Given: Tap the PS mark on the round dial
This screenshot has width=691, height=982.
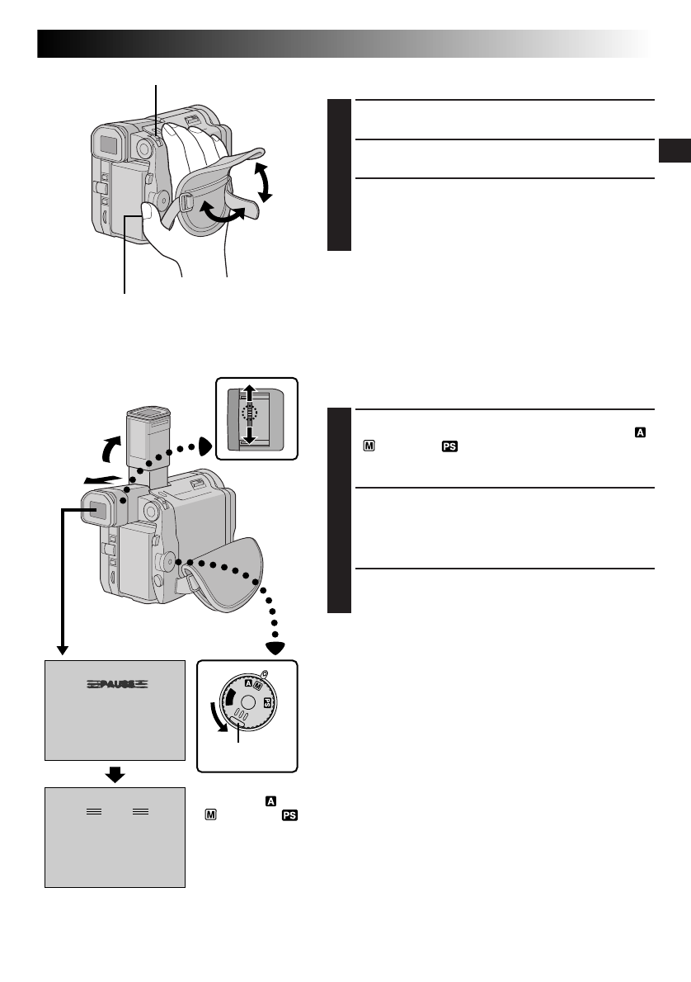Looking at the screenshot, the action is coord(266,702).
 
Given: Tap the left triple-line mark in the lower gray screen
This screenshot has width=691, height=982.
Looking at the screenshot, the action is coord(96,813).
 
